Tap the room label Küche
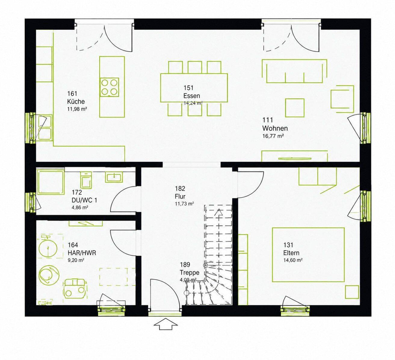(x=76, y=102)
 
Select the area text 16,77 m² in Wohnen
(x=273, y=136)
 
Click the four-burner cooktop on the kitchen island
(x=110, y=87)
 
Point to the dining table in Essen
(x=194, y=88)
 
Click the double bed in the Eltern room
(x=308, y=255)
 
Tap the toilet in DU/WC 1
(x=86, y=180)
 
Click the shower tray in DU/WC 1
(x=51, y=183)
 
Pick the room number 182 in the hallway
(x=180, y=188)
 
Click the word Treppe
(x=190, y=273)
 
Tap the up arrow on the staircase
(x=219, y=213)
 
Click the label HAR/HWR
(x=82, y=253)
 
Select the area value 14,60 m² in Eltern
(x=293, y=260)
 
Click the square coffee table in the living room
(x=295, y=108)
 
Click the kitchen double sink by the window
(x=45, y=128)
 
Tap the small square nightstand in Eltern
(x=352, y=292)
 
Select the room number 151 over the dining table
(x=188, y=88)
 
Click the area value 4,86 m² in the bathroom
(x=80, y=207)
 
